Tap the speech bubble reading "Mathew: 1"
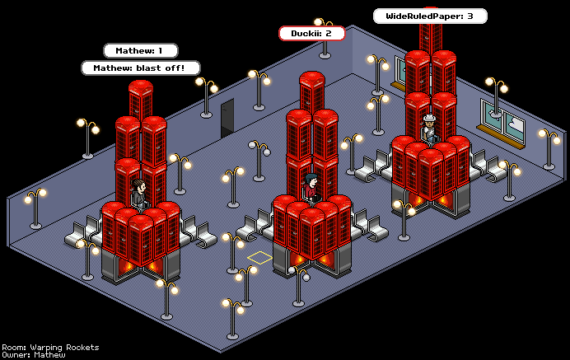tap(140, 50)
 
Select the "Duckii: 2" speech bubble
tap(311, 33)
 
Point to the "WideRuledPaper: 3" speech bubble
tap(430, 16)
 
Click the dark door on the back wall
tap(227, 118)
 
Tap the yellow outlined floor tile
tap(259, 258)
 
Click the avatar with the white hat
tap(428, 130)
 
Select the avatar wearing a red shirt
tap(310, 188)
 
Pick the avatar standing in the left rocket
tap(139, 194)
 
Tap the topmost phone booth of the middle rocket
tap(311, 92)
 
